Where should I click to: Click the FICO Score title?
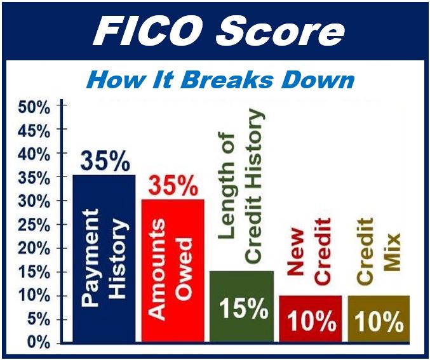click(219, 30)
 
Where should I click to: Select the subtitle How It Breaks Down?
click(220, 81)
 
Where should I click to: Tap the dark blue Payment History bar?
click(104, 258)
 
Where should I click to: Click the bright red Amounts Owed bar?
click(173, 271)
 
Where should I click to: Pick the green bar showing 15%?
click(241, 307)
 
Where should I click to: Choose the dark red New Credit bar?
click(311, 319)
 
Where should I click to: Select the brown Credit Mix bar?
click(379, 319)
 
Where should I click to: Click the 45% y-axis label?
click(34, 131)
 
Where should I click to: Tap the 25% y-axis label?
click(34, 226)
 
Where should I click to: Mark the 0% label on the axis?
click(38, 342)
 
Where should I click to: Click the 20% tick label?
click(34, 250)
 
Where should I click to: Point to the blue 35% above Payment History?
click(105, 161)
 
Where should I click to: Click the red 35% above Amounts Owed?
click(173, 186)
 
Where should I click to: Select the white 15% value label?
click(244, 308)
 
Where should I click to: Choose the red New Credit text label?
click(309, 251)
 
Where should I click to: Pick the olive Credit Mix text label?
click(379, 251)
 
